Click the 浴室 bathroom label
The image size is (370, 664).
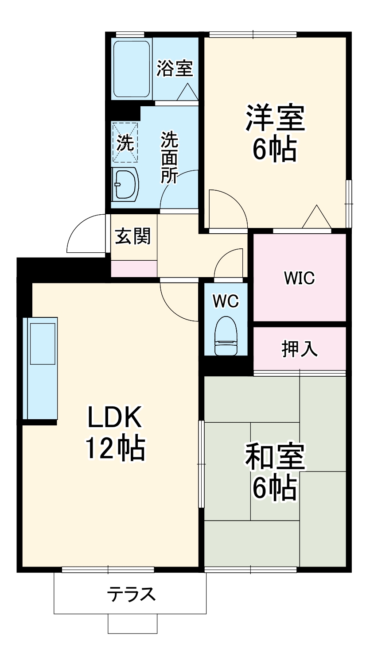(x=175, y=69)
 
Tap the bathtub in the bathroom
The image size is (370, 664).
(x=132, y=69)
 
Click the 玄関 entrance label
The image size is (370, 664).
(x=133, y=236)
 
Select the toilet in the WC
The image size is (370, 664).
(x=226, y=336)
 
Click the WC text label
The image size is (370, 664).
(x=226, y=301)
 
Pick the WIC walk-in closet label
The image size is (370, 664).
(x=299, y=278)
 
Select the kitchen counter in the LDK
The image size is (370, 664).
(x=41, y=368)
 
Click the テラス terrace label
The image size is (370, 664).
(x=131, y=594)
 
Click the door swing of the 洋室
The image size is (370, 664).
(x=227, y=211)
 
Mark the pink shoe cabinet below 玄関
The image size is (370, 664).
(x=133, y=268)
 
